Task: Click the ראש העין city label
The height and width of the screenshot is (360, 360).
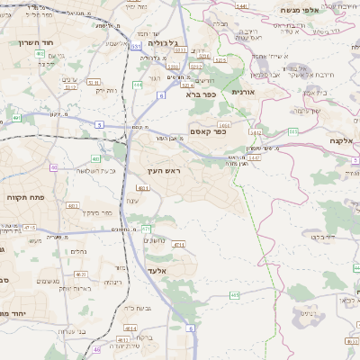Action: pos(166,170)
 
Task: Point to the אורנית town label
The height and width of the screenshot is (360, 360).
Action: pos(244,92)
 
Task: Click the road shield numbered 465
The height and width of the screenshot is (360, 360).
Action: pos(234,295)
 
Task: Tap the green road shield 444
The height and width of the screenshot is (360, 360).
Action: pos(137,85)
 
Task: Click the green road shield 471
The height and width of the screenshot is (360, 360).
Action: pos(146,229)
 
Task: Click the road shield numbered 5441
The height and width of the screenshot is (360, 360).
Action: pos(240,6)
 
